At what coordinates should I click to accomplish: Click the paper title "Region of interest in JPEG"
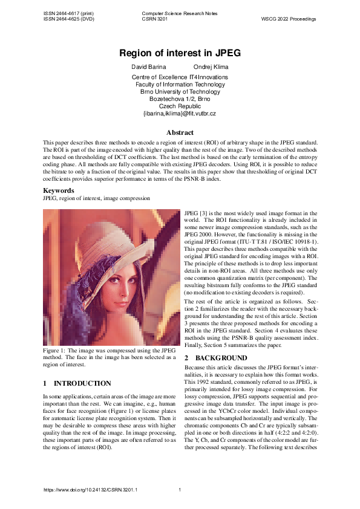(x=180, y=53)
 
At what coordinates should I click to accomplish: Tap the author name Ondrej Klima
(x=211, y=66)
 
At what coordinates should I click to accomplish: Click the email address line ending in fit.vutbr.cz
(x=180, y=113)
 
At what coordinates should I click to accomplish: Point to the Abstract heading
(x=180, y=132)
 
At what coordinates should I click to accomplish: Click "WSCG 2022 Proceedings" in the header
(x=289, y=19)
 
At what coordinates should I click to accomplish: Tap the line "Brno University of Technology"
(x=180, y=91)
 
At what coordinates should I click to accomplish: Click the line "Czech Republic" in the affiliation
(x=180, y=106)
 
